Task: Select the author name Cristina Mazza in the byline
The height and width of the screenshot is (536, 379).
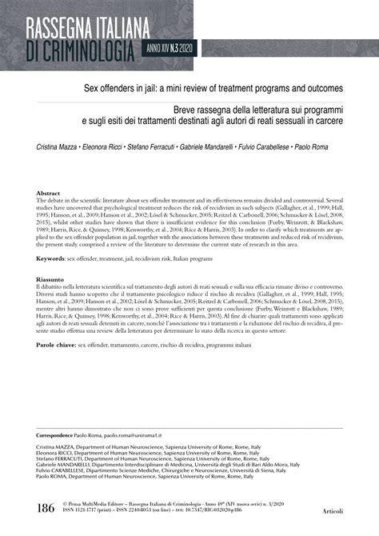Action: (59, 147)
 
